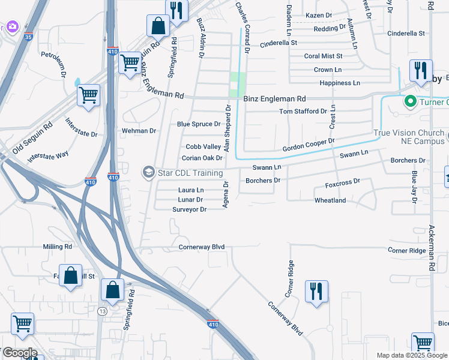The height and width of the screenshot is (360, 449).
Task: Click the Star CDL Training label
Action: tap(190, 173)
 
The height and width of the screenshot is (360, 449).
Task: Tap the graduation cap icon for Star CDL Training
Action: tap(148, 172)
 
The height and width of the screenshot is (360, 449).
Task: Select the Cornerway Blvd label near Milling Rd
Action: tap(201, 247)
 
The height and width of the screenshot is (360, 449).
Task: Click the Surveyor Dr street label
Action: tap(189, 209)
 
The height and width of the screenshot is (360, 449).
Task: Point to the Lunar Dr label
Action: tap(190, 199)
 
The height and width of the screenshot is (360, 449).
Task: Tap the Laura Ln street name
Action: tap(191, 190)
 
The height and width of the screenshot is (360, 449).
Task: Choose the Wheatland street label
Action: tap(330, 200)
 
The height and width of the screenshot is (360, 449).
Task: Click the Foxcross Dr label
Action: tap(342, 181)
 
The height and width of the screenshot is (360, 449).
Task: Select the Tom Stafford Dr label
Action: tap(303, 111)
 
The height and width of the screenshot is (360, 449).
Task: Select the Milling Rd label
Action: tap(58, 247)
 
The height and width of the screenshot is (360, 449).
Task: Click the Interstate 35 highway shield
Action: tap(29, 37)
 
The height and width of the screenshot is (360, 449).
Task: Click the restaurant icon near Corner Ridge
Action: tap(316, 292)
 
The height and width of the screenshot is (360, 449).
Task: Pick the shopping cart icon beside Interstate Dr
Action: tap(88, 95)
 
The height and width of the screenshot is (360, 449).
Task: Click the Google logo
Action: tap(19, 353)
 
